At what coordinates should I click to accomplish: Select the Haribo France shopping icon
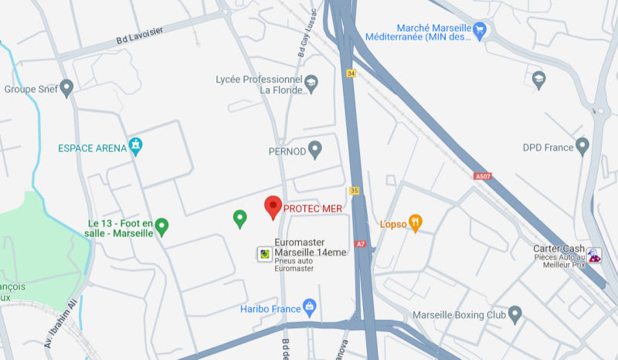(x=310, y=307)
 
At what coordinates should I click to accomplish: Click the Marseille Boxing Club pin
(x=515, y=314)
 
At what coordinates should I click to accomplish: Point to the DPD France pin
(x=582, y=145)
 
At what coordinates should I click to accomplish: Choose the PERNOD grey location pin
(x=314, y=149)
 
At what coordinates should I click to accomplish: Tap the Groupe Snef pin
(x=66, y=88)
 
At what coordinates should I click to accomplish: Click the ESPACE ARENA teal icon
(x=136, y=146)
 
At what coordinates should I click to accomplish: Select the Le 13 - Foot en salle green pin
(x=161, y=226)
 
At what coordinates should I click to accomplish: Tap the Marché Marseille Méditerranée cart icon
(x=481, y=32)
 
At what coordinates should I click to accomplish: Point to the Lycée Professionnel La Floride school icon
(x=311, y=83)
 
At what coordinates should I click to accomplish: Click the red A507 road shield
(x=483, y=176)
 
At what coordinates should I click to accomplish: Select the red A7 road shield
(x=360, y=244)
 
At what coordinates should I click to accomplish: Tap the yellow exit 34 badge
(x=351, y=73)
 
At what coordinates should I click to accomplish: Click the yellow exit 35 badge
(x=355, y=190)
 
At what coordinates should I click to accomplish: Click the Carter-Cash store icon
(x=593, y=254)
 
